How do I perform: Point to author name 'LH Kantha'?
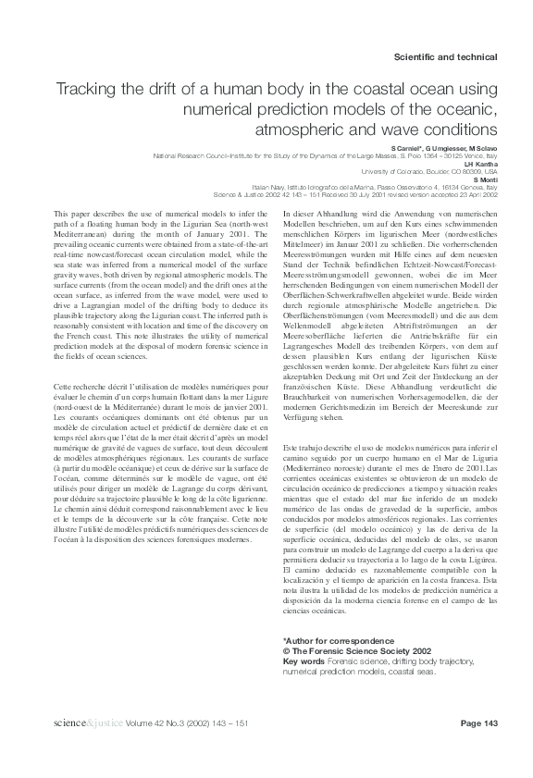pos(486,165)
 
